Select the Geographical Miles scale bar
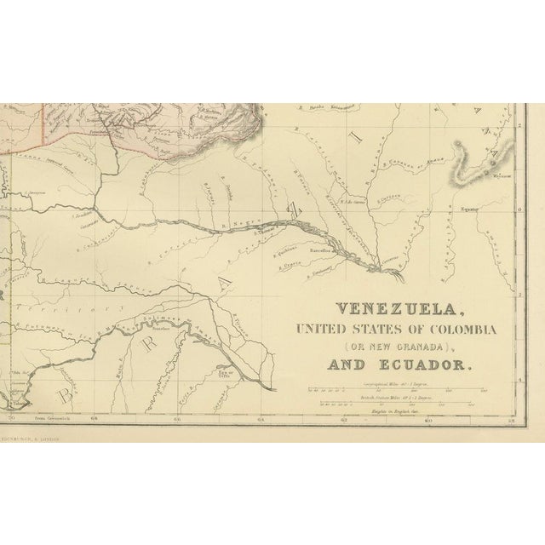401,390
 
